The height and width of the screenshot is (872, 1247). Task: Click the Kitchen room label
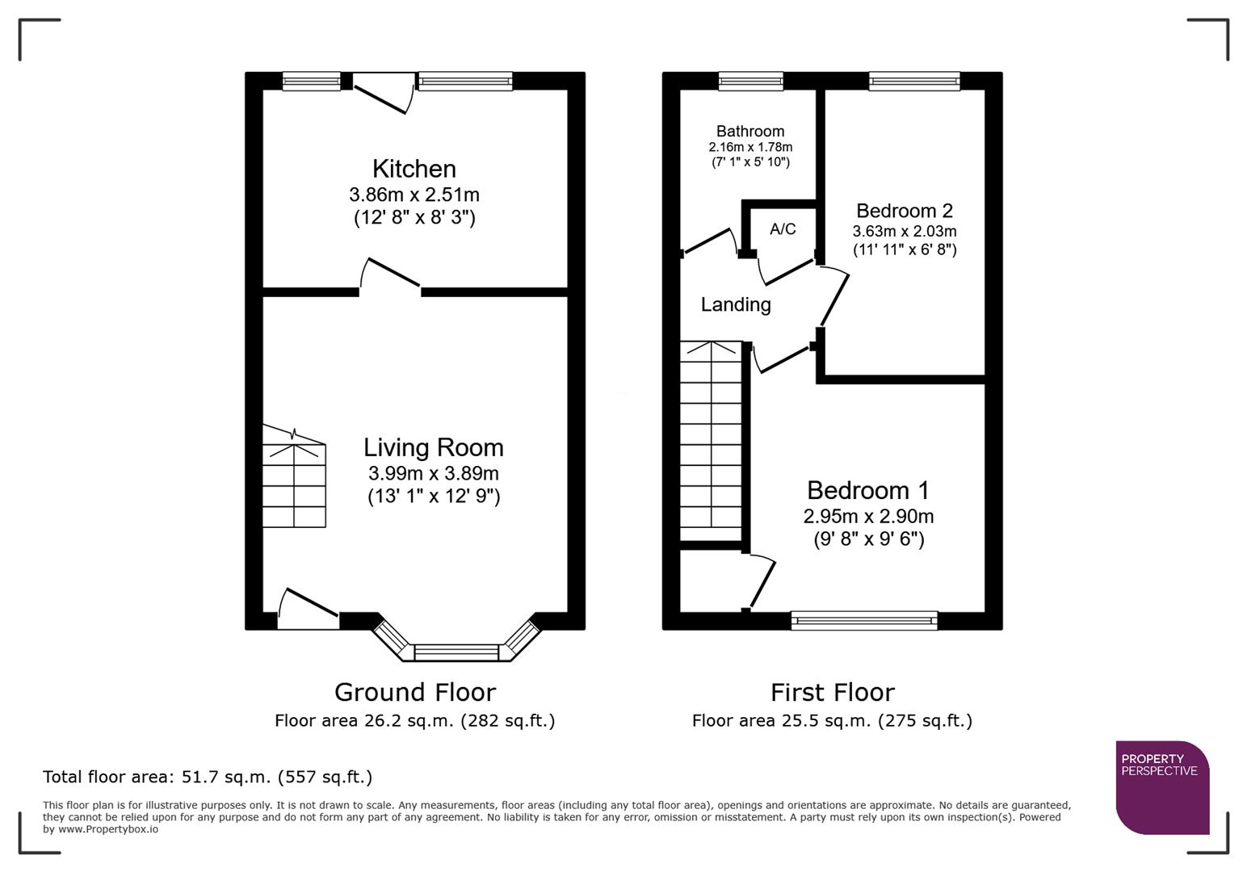point(414,169)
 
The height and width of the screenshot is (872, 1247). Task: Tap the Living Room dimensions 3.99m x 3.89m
point(433,473)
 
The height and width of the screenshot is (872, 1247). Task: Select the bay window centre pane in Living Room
point(457,652)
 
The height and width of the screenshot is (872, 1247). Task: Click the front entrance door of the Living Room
point(308,607)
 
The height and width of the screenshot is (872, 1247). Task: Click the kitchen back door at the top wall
point(384,95)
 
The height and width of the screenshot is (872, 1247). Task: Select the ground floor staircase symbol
point(294,478)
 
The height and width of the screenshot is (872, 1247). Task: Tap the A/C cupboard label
point(782,229)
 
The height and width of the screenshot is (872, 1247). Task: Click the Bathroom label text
point(750,131)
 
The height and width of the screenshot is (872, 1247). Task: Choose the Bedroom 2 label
point(904,211)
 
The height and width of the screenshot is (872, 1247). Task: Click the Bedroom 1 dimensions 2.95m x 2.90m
point(867,516)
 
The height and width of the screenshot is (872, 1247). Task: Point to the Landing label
point(735,304)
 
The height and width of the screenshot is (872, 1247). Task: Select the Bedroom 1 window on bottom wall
point(864,620)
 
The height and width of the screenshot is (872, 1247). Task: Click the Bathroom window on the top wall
point(750,81)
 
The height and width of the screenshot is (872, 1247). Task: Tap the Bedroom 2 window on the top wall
point(914,81)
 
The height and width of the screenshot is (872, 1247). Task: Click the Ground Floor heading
point(414,692)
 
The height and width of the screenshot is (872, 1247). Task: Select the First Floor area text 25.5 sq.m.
point(832,720)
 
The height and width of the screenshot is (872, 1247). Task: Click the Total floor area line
point(208,777)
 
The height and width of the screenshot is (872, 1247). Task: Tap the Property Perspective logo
point(1161,786)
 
